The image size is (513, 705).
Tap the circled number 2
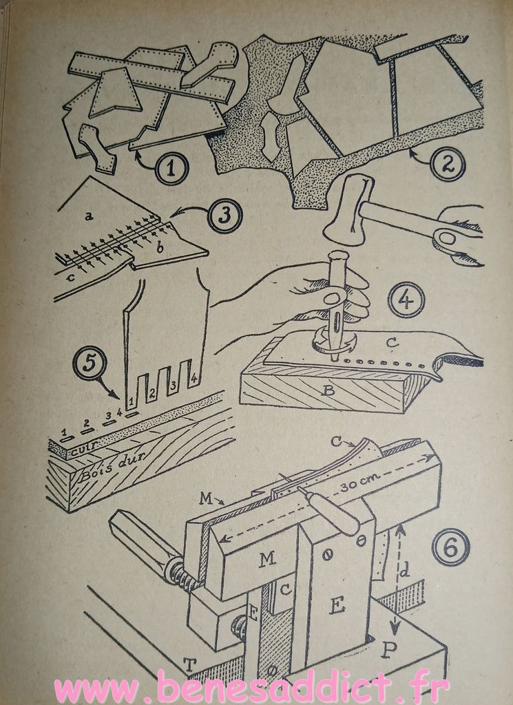[x=448, y=164]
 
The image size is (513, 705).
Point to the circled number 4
[x=406, y=300]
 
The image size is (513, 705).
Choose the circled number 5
[x=90, y=364]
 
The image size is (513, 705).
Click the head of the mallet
[x=350, y=211]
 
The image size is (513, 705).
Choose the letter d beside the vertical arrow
[x=404, y=571]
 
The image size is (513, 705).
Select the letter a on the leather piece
[x=89, y=217]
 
